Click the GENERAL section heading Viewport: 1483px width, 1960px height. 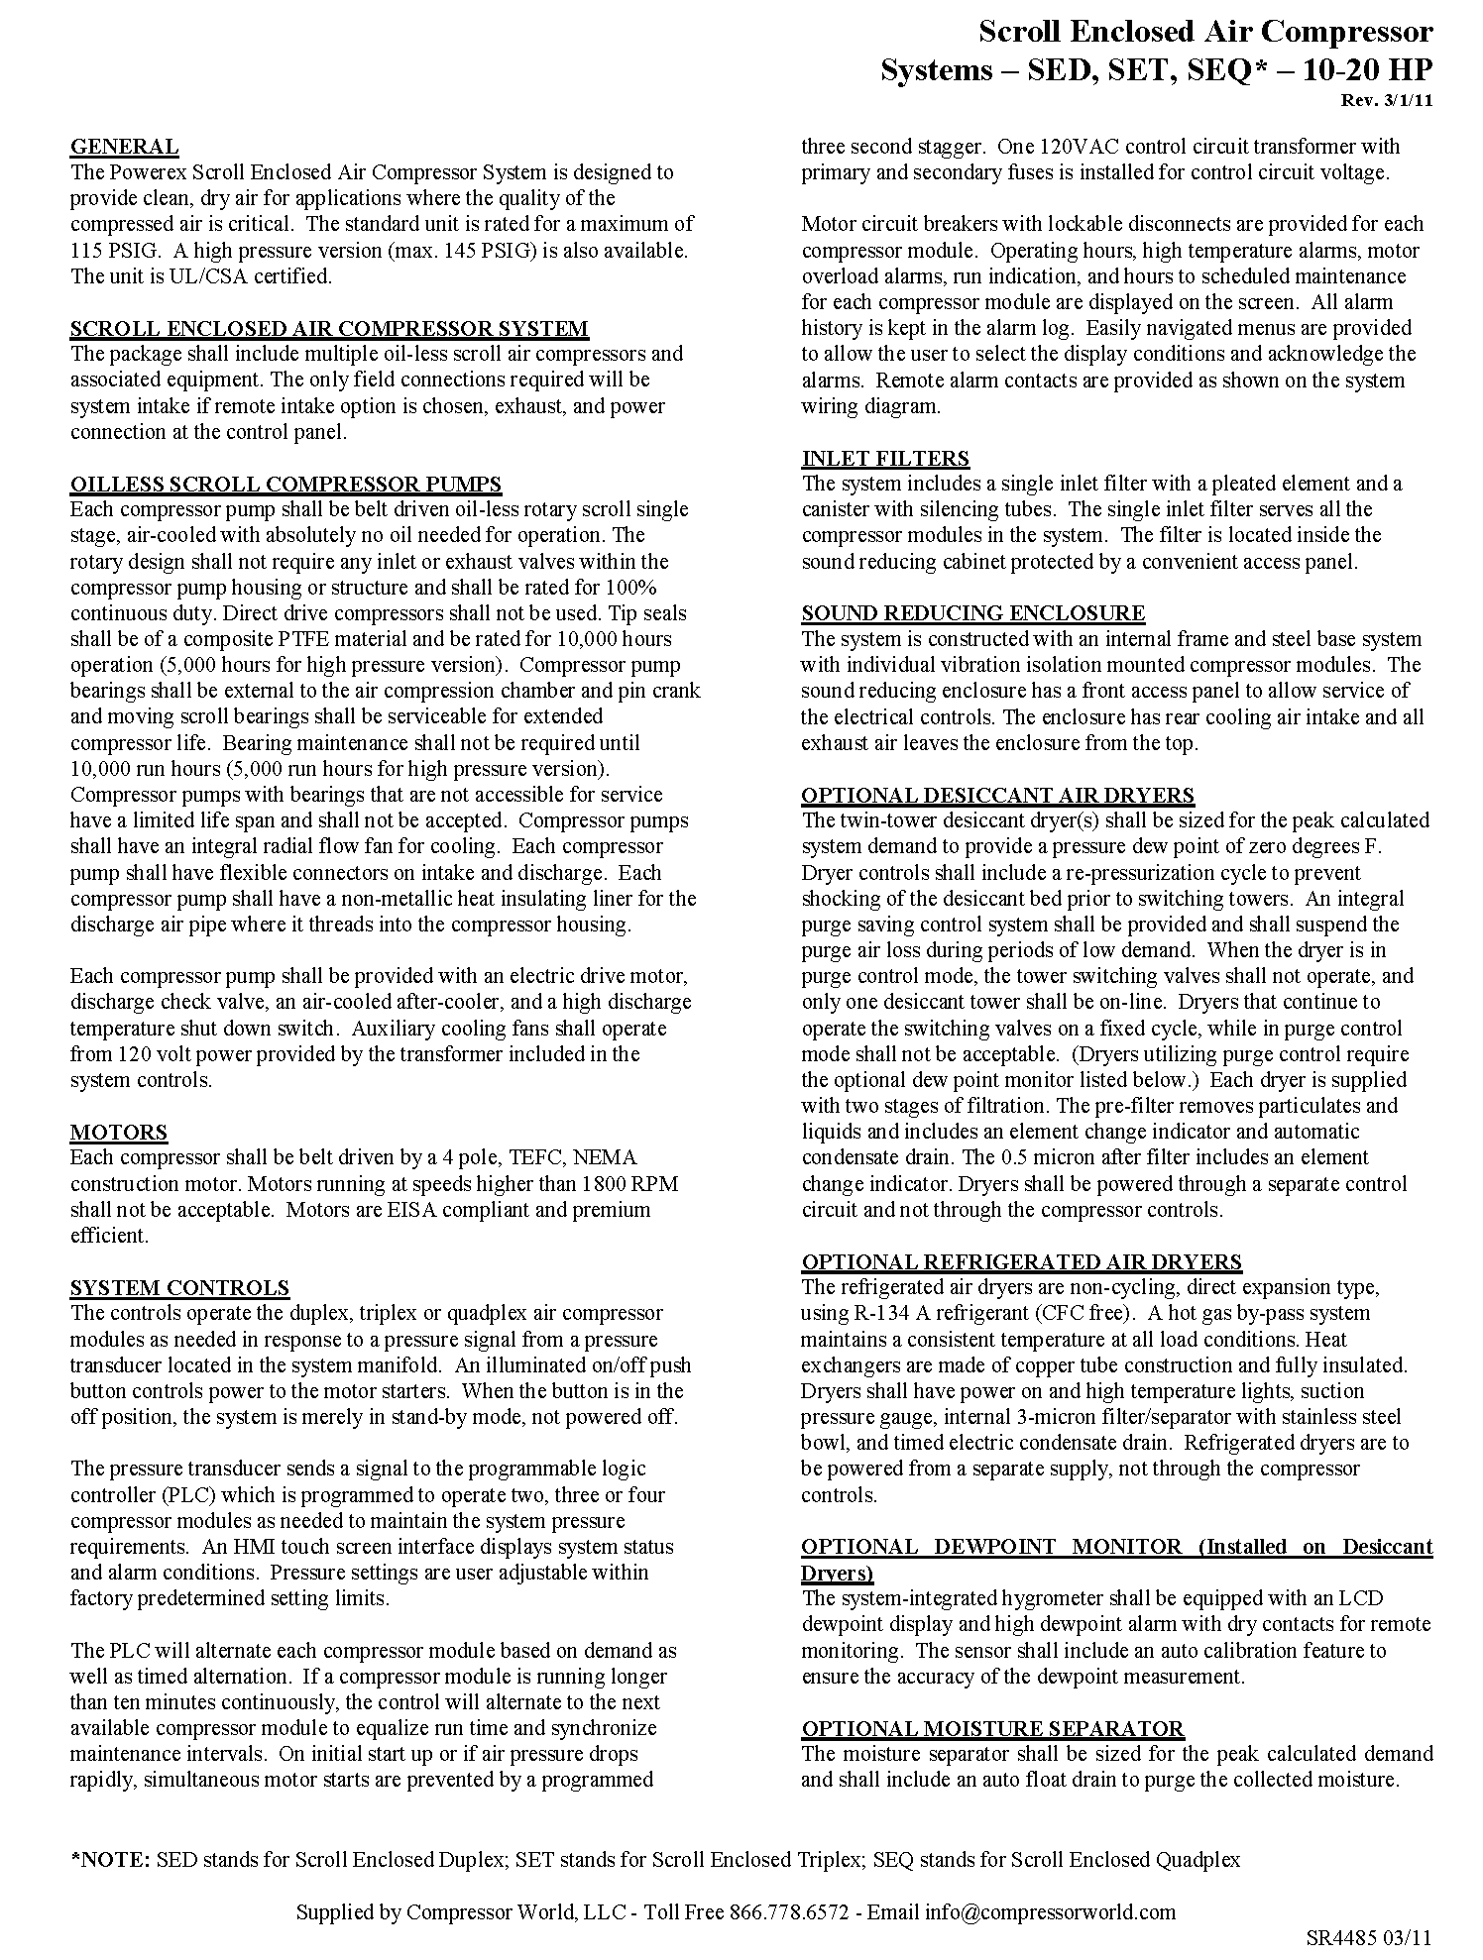tap(124, 147)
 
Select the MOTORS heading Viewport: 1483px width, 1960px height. tap(118, 1132)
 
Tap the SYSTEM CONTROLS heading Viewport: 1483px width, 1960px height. tap(179, 1287)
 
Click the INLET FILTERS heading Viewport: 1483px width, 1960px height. tap(885, 458)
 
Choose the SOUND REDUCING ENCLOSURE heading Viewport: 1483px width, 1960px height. tap(972, 612)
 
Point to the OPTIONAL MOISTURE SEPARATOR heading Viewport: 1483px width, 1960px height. tap(992, 1728)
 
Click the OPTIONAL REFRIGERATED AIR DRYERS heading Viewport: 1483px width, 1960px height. tap(1021, 1261)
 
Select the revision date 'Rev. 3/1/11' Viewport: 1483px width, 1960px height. tap(1387, 101)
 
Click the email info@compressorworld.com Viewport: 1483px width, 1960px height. tap(1051, 1911)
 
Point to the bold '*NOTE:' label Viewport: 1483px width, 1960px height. tap(110, 1859)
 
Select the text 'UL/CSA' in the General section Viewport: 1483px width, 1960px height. tap(199, 275)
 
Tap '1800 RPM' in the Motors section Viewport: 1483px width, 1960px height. tap(629, 1183)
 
